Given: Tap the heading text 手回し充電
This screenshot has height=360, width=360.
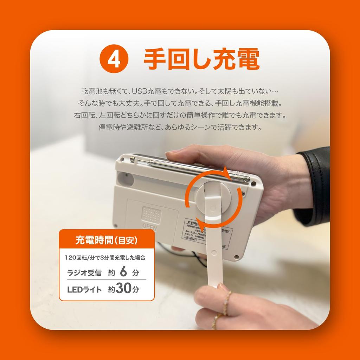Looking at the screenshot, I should [x=201, y=59].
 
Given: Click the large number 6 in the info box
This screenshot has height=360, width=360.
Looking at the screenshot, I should [x=123, y=272].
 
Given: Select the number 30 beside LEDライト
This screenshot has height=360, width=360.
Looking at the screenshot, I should [x=123, y=289].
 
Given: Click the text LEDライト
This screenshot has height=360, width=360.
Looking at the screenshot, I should [x=84, y=290].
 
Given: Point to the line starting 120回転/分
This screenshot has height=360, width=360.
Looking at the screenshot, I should [x=105, y=257].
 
